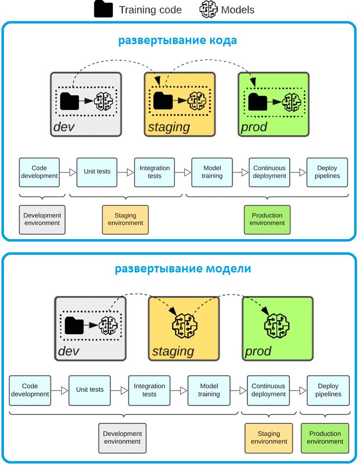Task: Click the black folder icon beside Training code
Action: pyautogui.click(x=103, y=9)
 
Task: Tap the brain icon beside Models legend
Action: pyautogui.click(x=209, y=9)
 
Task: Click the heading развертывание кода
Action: pyautogui.click(x=177, y=40)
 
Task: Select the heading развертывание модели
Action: pyautogui.click(x=183, y=269)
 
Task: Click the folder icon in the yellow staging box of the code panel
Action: pyautogui.click(x=163, y=101)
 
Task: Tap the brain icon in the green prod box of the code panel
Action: pyautogui.click(x=291, y=102)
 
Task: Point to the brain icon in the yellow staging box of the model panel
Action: pyautogui.click(x=185, y=326)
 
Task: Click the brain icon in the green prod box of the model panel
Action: pyautogui.click(x=277, y=326)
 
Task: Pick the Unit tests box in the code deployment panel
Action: pyautogui.click(x=97, y=172)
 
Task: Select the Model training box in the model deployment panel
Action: pyautogui.click(x=209, y=391)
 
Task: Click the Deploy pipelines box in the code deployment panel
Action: pyautogui.click(x=327, y=172)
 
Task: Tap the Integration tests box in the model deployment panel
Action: pyautogui.click(x=149, y=391)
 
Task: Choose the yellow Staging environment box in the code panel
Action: pyautogui.click(x=125, y=220)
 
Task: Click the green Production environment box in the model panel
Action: pyautogui.click(x=325, y=438)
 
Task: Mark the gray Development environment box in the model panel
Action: pyautogui.click(x=122, y=438)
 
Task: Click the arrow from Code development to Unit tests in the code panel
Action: pyautogui.click(x=68, y=172)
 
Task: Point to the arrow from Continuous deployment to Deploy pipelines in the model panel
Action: pyautogui.click(x=298, y=391)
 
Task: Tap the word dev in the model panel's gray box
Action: pyautogui.click(x=69, y=351)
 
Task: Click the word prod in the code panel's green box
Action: pyautogui.click(x=254, y=127)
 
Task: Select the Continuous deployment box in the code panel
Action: pyautogui.click(x=269, y=172)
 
